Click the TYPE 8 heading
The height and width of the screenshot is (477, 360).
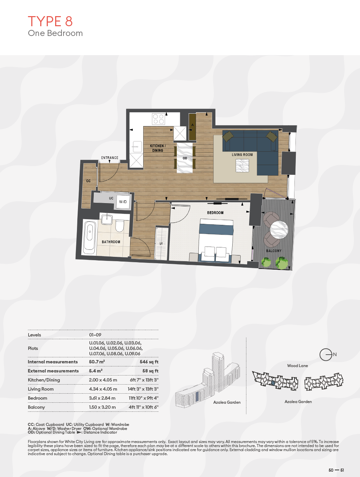50,21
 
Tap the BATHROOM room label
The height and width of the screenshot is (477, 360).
111,242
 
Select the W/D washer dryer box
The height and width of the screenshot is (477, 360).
123,202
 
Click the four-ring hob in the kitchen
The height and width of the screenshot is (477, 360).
158,119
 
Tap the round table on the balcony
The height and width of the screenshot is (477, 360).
279,230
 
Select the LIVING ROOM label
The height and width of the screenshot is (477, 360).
242,155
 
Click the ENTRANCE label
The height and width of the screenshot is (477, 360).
110,158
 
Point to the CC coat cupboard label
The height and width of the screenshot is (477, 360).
88,181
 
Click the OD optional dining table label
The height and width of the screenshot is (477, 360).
185,158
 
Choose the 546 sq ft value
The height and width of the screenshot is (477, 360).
149,362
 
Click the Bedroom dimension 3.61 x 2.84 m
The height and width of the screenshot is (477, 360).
102,398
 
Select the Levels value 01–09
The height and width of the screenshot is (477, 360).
95,335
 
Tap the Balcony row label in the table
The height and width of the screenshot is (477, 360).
36,407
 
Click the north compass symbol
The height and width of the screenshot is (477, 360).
326,355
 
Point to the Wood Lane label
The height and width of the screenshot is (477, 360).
297,366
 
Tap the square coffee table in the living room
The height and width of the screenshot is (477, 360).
242,166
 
